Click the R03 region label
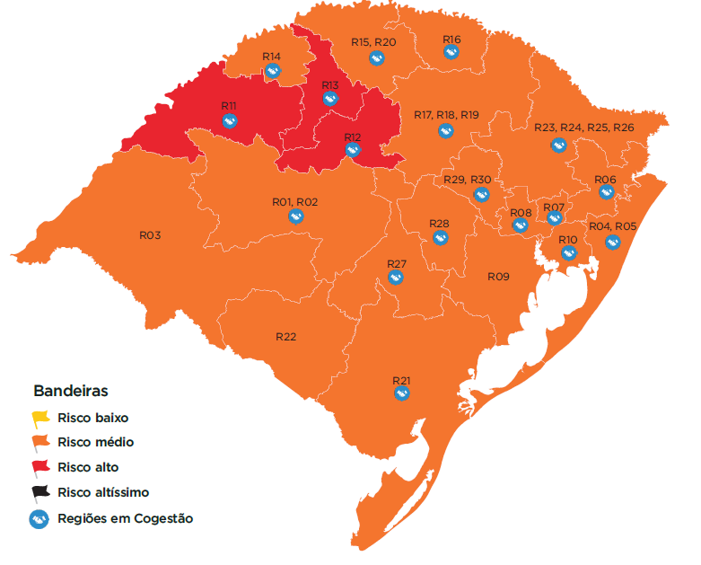(x=150, y=234)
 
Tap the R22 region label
(x=285, y=337)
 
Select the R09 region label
(x=498, y=276)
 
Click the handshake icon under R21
(x=401, y=393)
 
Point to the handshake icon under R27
(x=397, y=277)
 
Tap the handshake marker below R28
(x=440, y=237)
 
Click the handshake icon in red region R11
(x=229, y=119)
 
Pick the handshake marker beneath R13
(x=330, y=99)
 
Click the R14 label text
(x=272, y=56)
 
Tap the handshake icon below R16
(x=452, y=52)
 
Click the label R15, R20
(x=373, y=42)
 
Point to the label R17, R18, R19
(x=446, y=115)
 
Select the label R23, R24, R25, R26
(x=583, y=128)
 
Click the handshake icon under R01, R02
(x=295, y=216)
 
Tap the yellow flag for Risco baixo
(x=40, y=418)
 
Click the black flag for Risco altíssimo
(x=40, y=492)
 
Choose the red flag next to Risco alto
(x=40, y=467)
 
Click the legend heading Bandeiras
(x=71, y=392)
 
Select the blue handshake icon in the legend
(x=39, y=518)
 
